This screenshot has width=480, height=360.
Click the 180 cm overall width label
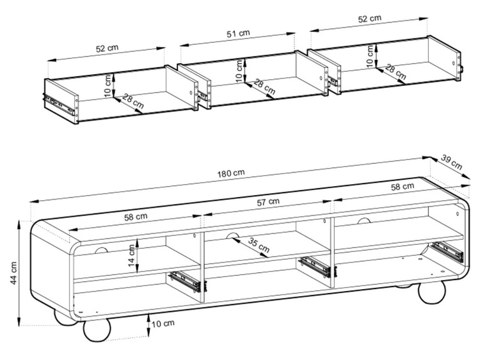click(231, 173)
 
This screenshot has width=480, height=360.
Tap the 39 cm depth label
click(451, 162)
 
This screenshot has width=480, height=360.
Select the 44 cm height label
click(14, 273)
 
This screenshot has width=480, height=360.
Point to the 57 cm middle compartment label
click(268, 202)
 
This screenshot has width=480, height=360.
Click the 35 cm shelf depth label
click(259, 246)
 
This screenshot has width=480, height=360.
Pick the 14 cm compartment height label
click(132, 256)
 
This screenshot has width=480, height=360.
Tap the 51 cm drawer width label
click(238, 33)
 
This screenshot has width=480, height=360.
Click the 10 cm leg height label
click(163, 324)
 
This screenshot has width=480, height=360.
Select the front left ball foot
click(97, 330)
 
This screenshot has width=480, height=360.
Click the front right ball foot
click(432, 293)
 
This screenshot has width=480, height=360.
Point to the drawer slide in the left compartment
click(184, 281)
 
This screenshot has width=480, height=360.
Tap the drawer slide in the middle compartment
click(314, 266)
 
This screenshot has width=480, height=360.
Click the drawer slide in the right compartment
click(447, 251)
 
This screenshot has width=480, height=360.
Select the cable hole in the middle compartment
click(233, 236)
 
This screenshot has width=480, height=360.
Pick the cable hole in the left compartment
click(102, 251)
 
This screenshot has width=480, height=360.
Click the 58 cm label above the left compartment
click(136, 217)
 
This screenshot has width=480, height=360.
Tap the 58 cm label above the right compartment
click(403, 187)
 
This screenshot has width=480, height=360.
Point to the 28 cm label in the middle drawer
click(264, 87)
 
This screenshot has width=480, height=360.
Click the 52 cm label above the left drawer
click(107, 49)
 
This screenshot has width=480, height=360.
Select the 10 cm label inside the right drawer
click(370, 56)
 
